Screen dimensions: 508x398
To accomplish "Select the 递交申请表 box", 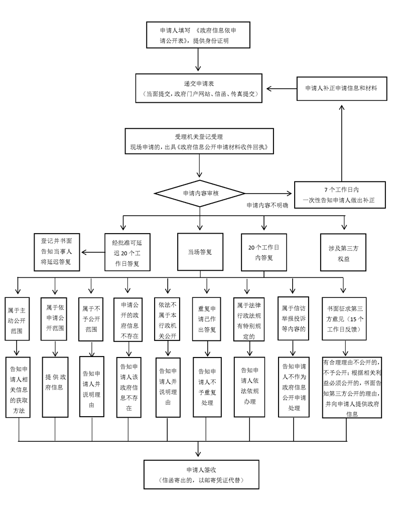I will [x=200, y=88].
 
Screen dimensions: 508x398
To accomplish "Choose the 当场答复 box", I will [x=200, y=252].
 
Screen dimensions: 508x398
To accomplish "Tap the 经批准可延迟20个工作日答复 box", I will [x=125, y=252].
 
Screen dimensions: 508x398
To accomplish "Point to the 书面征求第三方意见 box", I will [x=345, y=318].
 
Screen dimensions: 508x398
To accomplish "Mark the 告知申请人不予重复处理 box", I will [x=206, y=387].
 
